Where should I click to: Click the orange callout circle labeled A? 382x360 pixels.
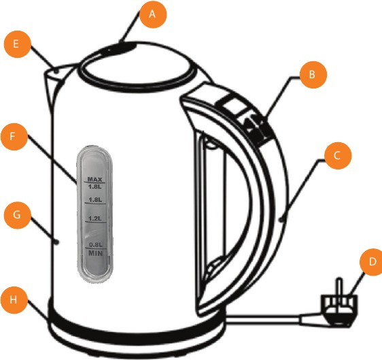click(153, 14)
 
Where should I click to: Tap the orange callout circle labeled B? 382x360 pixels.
click(313, 75)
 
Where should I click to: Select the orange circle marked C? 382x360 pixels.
click(338, 155)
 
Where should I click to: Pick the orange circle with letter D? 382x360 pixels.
click(372, 262)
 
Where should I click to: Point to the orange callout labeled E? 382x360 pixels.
click(18, 44)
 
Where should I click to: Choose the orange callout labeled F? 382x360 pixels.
click(14, 136)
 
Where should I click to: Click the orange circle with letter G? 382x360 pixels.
click(18, 215)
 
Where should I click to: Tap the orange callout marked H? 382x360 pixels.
click(14, 299)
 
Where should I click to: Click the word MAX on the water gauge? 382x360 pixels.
click(94, 179)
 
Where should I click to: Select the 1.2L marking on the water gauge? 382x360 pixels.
click(94, 218)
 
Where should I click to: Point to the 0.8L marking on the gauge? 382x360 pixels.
click(95, 244)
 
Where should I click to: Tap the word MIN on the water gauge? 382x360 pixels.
click(95, 253)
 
